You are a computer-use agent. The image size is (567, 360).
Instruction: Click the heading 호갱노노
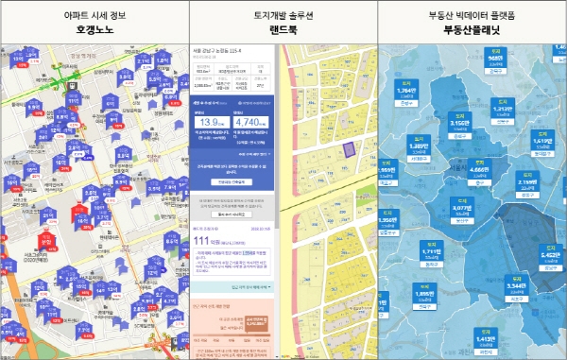click(x=94, y=30)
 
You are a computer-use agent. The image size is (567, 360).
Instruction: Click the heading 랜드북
click(x=283, y=30)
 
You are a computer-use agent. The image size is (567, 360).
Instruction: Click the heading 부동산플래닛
click(x=472, y=30)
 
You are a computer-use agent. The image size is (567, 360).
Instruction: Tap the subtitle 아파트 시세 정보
click(x=94, y=13)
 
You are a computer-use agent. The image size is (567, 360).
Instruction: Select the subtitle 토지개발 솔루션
click(x=283, y=13)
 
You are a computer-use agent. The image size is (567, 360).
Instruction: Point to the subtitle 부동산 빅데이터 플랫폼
click(x=472, y=13)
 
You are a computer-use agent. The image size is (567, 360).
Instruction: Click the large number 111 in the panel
click(x=201, y=242)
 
